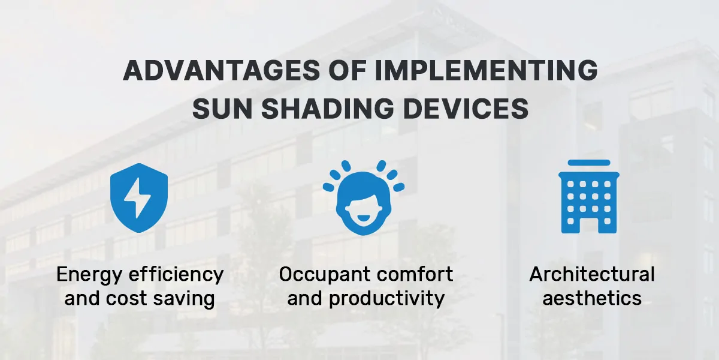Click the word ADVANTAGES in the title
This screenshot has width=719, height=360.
pos(222,70)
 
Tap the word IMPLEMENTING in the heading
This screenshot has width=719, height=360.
pos(486,70)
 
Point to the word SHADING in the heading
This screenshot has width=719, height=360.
pos(328,109)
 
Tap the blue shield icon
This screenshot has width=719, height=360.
pos(139,197)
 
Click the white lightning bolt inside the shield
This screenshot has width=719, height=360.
pos(138,198)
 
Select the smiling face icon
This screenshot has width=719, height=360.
pos(364,197)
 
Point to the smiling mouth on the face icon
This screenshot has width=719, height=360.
pos(364,218)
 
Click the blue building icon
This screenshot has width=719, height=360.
pos(589,196)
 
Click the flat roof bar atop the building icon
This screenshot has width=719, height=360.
pos(589,163)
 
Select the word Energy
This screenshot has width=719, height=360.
pos(89,275)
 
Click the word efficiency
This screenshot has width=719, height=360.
pos(176,275)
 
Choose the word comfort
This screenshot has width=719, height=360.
pos(415,274)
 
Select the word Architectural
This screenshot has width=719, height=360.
pos(592,274)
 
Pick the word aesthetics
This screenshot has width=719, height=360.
pos(592,298)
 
